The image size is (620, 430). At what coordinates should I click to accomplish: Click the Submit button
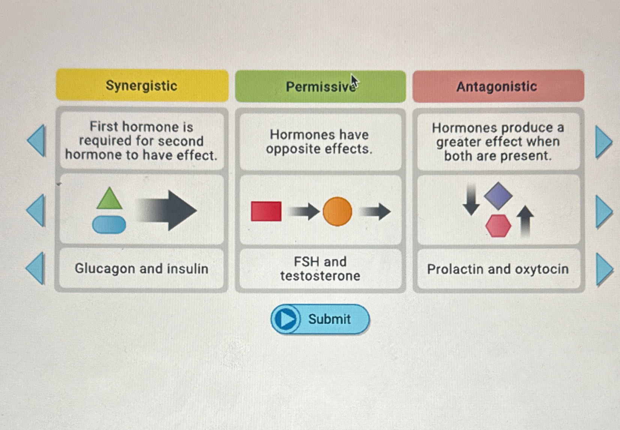point(320,319)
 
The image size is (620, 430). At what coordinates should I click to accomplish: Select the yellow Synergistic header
point(142,85)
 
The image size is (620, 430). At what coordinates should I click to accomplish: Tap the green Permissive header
point(320,87)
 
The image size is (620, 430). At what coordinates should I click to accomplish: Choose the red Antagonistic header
point(498,86)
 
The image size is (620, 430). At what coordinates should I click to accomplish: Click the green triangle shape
point(109,199)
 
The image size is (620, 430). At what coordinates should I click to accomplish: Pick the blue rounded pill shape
point(109,225)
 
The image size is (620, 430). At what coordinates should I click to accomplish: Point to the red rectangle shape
point(266,211)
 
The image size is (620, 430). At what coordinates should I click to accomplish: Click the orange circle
point(337,211)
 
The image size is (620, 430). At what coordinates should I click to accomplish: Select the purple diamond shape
point(498,195)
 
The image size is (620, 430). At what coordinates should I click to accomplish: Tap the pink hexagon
point(498,226)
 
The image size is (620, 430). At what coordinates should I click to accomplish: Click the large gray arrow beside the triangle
point(167,210)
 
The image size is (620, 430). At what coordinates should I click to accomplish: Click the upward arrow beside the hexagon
point(525,221)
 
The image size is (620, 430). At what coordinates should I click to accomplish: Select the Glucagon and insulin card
point(141,268)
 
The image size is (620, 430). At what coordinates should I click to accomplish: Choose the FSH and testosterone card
point(320,268)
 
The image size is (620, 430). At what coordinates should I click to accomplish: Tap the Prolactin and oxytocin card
point(498,269)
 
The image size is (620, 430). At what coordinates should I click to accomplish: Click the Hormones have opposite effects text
point(320,142)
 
